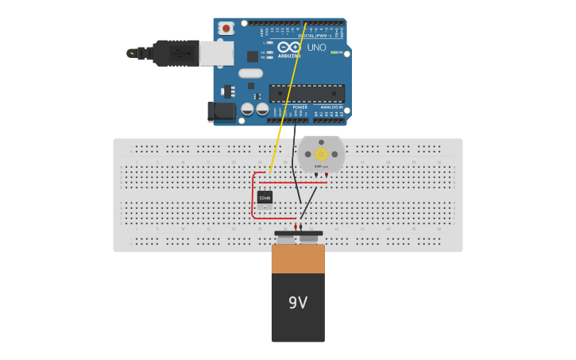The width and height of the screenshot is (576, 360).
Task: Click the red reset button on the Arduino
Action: click(226, 28)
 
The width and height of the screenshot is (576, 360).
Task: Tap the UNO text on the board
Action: click(316, 48)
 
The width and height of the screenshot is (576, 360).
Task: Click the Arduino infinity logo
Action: click(290, 48)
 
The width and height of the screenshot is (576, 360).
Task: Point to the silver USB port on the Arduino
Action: click(216, 53)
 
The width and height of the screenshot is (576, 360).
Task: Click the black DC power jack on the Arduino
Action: click(222, 111)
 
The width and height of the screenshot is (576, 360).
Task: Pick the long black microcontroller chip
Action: click(307, 93)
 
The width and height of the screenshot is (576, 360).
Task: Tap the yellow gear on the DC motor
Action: click(321, 154)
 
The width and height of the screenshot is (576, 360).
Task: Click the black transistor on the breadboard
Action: click(265, 197)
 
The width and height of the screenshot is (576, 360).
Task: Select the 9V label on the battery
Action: click(298, 303)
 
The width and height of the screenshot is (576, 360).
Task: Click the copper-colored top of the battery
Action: click(298, 258)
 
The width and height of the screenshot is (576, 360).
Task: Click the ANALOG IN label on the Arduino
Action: click(331, 107)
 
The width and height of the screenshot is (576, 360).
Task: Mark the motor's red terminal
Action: click(326, 175)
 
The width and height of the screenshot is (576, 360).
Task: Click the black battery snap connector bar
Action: click(298, 234)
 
